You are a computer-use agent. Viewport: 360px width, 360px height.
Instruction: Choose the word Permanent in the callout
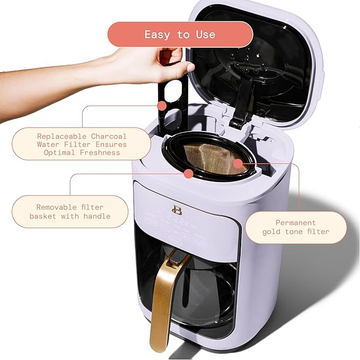point(295,223)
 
